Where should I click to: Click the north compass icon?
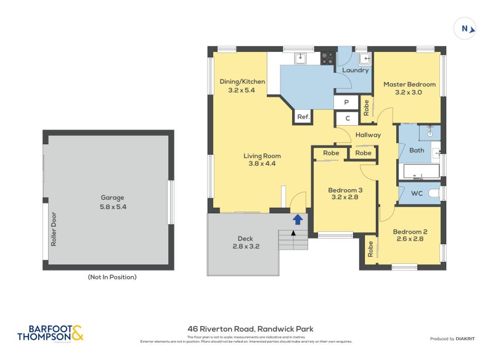pos(466,28)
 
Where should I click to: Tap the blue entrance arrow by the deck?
pos(297,219)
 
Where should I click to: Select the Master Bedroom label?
pos(409,88)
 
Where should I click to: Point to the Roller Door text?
pos(54,230)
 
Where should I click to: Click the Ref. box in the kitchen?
pos(303,116)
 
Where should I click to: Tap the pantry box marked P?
pos(346,102)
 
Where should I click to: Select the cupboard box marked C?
pos(347,118)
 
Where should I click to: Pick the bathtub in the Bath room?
pos(420,171)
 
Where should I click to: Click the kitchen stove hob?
pos(328,59)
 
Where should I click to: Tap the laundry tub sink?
pos(364,59)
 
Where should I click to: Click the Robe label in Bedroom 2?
pos(370,249)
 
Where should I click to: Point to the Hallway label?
pos(368,134)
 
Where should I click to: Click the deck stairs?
pos(293,239)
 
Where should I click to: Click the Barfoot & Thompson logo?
pos(49,333)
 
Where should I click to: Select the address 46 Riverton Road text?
pos(250,329)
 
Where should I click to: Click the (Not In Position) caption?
pos(112,277)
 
